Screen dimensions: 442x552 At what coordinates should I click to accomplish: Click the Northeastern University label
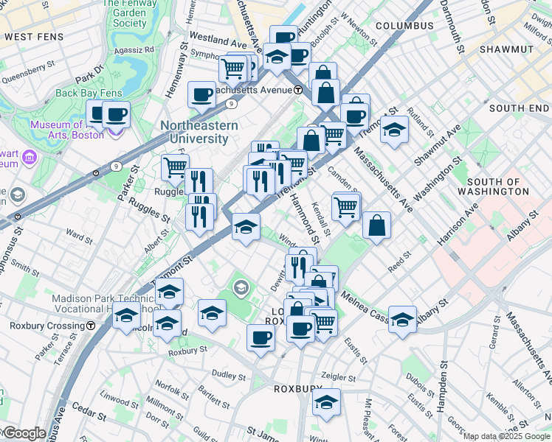point(199,132)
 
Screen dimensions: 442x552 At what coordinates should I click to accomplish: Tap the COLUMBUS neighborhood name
point(404,26)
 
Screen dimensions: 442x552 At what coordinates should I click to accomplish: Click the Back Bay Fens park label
point(88,94)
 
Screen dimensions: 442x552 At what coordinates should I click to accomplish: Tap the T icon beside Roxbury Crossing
point(90,325)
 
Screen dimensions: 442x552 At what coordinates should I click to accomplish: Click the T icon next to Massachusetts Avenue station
point(297,90)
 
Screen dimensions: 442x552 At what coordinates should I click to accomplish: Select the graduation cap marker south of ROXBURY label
point(326,402)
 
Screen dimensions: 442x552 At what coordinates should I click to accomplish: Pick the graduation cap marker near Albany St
point(402,319)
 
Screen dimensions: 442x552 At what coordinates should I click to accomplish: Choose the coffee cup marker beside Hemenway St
point(201,94)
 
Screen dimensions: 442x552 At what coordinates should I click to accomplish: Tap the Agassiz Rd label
point(138,49)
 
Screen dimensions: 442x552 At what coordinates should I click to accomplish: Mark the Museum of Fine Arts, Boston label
point(66,130)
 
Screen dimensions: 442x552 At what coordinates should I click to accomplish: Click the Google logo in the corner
point(24,433)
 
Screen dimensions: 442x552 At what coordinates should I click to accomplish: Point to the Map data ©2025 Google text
point(506,436)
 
